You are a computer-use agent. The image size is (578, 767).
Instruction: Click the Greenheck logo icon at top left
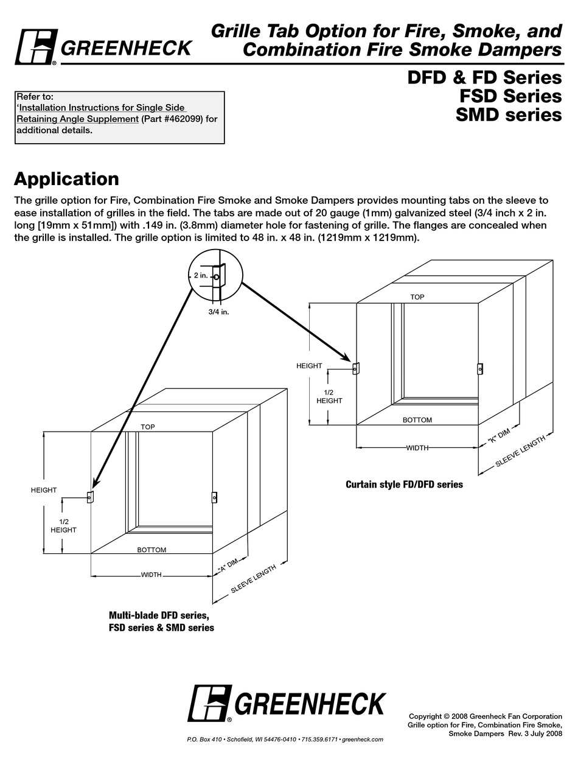click(x=35, y=47)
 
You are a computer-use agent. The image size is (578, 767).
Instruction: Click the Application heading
click(x=66, y=179)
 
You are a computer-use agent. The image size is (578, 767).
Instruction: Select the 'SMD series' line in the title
click(x=508, y=114)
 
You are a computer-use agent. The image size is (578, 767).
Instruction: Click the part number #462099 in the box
click(x=182, y=119)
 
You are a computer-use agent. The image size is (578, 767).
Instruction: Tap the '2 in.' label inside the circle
click(x=201, y=275)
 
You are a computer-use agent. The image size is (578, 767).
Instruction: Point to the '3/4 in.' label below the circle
click(x=218, y=311)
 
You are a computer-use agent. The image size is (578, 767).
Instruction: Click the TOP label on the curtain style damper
click(x=417, y=297)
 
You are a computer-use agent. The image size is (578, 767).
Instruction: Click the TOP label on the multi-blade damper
click(x=148, y=427)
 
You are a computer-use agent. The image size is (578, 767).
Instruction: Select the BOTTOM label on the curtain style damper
click(x=417, y=420)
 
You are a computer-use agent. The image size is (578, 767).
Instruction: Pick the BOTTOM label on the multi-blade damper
click(x=151, y=550)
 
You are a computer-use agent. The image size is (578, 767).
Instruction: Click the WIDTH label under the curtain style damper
click(x=417, y=448)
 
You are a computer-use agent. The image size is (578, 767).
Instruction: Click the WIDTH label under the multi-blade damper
click(x=151, y=575)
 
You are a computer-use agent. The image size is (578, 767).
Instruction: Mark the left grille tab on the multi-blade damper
click(x=89, y=497)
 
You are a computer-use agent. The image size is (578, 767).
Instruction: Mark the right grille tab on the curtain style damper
click(x=480, y=368)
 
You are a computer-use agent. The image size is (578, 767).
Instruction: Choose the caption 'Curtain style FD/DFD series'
click(x=404, y=485)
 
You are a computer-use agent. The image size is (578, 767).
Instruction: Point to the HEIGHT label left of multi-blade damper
click(x=44, y=490)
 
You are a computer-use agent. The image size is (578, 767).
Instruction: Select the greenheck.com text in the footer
click(x=363, y=739)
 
